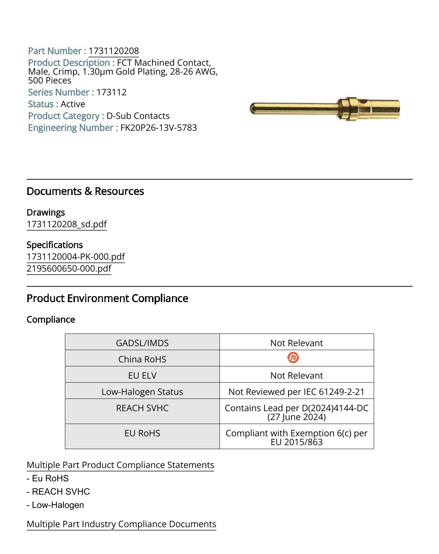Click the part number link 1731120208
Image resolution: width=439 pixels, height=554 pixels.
click(114, 51)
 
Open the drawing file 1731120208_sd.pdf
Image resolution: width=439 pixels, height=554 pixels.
click(67, 224)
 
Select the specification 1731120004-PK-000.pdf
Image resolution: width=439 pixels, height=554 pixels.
click(76, 257)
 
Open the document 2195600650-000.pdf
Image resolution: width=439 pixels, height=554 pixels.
click(69, 269)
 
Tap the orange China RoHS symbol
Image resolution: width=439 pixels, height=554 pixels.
click(293, 358)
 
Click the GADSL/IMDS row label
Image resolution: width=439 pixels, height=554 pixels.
click(142, 343)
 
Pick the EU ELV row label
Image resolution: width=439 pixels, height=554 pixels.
click(142, 376)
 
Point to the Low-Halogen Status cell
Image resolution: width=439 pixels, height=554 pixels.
click(142, 392)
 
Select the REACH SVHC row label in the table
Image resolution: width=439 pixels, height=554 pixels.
click(142, 408)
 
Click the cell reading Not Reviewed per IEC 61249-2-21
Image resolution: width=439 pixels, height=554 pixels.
click(297, 392)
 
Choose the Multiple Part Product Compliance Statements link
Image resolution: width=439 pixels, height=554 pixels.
click(120, 465)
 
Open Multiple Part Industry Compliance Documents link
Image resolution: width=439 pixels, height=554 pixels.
click(121, 524)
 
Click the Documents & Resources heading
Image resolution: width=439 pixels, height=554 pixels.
click(85, 191)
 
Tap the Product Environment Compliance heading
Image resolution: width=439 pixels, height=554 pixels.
click(107, 298)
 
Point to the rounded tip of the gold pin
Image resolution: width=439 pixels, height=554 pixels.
click(253, 109)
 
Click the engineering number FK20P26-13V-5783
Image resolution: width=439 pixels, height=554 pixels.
click(159, 128)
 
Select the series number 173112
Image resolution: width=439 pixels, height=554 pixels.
click(111, 92)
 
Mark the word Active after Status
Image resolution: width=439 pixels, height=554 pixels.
click(73, 104)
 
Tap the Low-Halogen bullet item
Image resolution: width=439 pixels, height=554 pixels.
click(58, 505)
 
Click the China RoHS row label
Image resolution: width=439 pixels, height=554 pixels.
click(142, 359)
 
